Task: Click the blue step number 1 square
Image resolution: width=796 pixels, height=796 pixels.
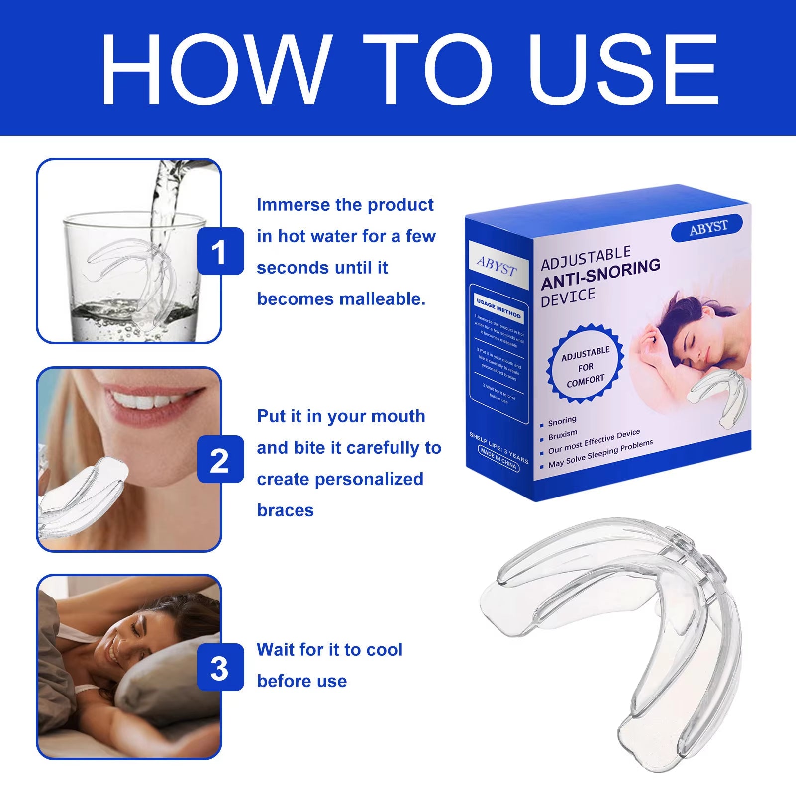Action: (220, 252)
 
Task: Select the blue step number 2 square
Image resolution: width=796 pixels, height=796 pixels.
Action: (220, 459)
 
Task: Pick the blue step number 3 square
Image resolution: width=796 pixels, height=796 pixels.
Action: (220, 668)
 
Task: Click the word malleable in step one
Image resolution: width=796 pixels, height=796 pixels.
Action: (382, 299)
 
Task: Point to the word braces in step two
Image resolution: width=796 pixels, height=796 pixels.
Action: (285, 510)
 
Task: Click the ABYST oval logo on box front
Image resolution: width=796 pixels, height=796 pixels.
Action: (707, 228)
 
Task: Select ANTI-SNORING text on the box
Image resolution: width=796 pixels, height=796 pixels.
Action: (600, 274)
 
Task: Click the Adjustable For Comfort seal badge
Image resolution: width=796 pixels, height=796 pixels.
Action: (585, 366)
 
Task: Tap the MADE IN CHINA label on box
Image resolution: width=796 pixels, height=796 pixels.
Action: (498, 459)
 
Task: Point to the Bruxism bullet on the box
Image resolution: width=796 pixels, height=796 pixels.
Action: (562, 435)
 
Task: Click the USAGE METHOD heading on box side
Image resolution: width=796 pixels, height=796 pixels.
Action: (498, 308)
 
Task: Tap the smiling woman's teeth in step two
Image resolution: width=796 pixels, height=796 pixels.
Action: (144, 400)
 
